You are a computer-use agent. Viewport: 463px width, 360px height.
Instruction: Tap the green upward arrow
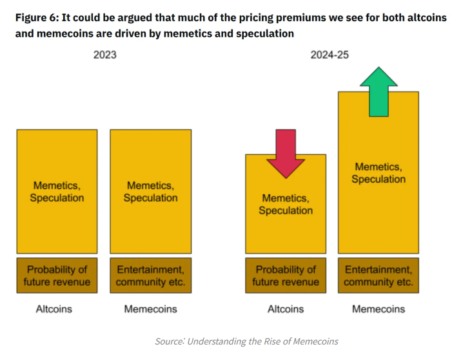pos(379,92)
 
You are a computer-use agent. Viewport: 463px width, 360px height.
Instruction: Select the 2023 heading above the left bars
pos(104,55)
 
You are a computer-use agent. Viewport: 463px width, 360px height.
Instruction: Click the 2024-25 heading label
pos(330,55)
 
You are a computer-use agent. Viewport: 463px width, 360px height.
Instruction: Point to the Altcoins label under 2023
pos(54,309)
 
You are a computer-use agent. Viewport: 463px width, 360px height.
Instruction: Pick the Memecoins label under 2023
pos(150,309)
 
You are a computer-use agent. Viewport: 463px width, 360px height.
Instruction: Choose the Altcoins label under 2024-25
pos(286,309)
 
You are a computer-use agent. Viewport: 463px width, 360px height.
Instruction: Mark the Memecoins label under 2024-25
pos(379,309)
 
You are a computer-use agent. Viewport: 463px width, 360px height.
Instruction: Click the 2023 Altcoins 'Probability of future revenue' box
pos(57,275)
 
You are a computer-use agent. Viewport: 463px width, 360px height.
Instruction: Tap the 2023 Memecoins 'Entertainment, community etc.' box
pos(150,275)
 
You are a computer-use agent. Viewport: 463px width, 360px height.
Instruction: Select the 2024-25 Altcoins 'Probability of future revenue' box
pos(286,275)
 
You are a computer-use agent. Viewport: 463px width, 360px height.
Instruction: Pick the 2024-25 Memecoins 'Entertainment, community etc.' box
pos(379,275)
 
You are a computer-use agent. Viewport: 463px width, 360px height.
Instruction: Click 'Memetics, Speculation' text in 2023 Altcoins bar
pos(57,192)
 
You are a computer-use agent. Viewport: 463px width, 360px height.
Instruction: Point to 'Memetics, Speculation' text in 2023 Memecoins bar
pos(150,192)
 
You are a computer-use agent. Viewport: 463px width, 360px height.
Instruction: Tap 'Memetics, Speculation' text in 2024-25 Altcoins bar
pos(286,205)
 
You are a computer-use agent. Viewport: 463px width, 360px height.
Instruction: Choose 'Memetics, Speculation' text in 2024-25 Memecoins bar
pos(379,173)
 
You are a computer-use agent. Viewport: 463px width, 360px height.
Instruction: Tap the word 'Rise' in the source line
pos(273,341)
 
